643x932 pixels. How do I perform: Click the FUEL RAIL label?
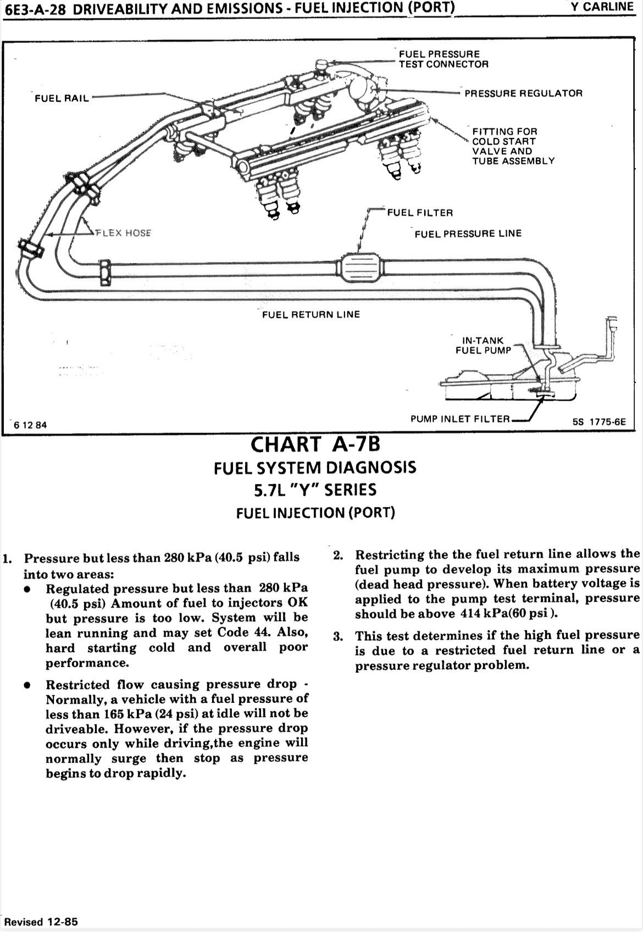coord(62,99)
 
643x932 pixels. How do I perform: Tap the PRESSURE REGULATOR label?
coord(523,93)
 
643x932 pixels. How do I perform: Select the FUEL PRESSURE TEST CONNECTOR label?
coord(443,59)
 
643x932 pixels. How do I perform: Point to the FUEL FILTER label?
coord(420,213)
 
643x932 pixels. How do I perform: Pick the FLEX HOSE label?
coord(123,232)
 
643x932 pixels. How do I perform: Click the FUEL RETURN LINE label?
coord(311,314)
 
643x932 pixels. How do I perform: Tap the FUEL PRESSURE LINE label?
coord(468,234)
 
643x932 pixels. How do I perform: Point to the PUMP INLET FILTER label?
coord(460,419)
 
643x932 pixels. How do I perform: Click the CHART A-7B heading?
coord(315,443)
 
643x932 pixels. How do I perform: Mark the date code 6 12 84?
coord(31,425)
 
